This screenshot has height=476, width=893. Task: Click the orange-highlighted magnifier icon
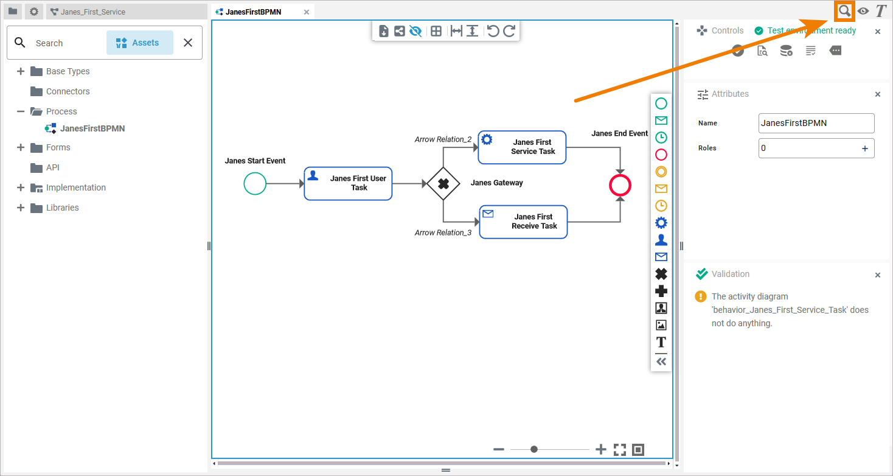click(x=845, y=11)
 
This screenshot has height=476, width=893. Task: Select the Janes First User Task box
click(x=348, y=183)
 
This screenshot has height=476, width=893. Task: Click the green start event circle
click(x=255, y=183)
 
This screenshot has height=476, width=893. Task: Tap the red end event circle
click(x=620, y=186)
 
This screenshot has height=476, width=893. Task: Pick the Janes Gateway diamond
click(x=443, y=183)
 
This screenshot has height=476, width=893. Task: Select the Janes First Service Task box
click(x=522, y=147)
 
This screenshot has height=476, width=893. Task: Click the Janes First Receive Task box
click(x=523, y=222)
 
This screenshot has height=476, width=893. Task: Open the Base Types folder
click(x=68, y=71)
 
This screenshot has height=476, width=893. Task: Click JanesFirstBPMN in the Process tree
click(x=92, y=128)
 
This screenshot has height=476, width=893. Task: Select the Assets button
click(x=139, y=43)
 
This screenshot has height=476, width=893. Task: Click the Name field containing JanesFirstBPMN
click(x=816, y=123)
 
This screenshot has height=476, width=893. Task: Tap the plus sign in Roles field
click(x=864, y=148)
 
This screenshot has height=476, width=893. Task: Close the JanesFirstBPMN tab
click(x=307, y=12)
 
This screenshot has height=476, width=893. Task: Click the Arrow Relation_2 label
click(x=443, y=139)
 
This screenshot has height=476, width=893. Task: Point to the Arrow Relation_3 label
click(x=443, y=233)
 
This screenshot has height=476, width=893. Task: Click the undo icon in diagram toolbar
click(x=493, y=31)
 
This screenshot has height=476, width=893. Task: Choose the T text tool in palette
click(x=661, y=342)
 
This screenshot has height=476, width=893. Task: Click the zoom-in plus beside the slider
click(x=601, y=449)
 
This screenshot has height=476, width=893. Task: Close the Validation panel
click(x=877, y=275)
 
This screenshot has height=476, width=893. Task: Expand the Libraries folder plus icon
click(x=21, y=208)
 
